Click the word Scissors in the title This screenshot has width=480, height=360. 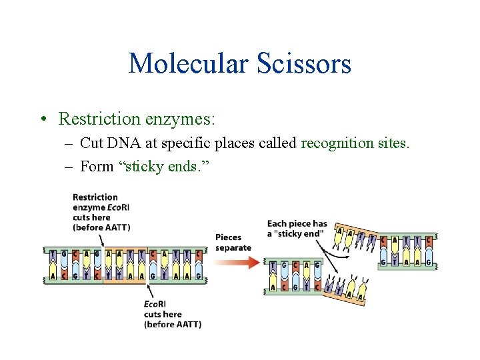[x=309, y=64]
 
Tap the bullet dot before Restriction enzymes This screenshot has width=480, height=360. [x=43, y=119]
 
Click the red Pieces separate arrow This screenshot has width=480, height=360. [x=236, y=262]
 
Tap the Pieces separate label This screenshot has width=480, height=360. [x=233, y=242]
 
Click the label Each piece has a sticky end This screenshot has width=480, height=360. [x=297, y=228]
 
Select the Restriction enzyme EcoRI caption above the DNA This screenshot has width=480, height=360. [x=101, y=212]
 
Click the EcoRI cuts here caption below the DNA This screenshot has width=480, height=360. [x=172, y=314]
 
